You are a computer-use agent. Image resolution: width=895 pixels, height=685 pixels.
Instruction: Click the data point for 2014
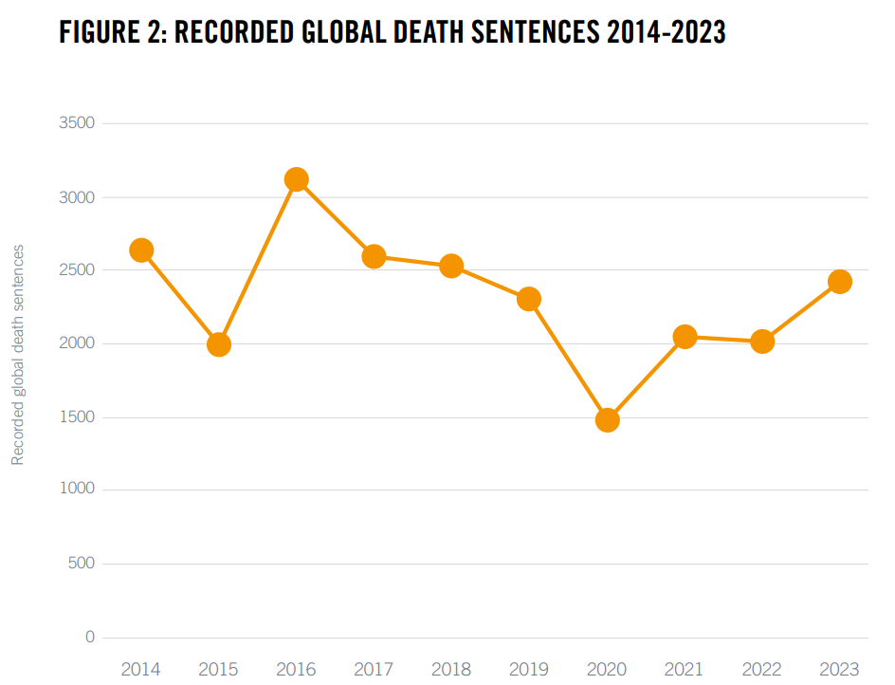[x=141, y=250]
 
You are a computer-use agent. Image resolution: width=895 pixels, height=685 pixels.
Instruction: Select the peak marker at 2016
[x=296, y=179]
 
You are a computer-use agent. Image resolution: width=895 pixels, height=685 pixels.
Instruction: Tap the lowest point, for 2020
[x=607, y=419]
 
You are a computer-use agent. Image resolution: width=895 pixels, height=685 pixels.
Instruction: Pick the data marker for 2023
[x=839, y=282]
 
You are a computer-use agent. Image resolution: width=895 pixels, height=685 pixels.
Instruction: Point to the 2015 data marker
[x=219, y=344]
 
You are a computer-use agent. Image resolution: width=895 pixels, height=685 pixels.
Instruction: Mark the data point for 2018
[x=451, y=266]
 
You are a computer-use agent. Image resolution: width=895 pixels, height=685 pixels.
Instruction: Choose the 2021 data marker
[x=685, y=337]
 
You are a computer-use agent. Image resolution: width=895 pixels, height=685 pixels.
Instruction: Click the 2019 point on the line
[x=529, y=299]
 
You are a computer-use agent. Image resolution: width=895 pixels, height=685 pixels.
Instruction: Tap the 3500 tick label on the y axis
[x=76, y=123]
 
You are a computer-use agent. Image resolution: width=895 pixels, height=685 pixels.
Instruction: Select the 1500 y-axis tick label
[x=76, y=417]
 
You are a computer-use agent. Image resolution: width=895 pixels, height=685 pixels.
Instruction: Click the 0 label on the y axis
[x=90, y=638]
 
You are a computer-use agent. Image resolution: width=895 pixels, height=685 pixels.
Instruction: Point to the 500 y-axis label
[x=82, y=564]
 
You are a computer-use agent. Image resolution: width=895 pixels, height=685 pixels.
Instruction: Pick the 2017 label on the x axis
[x=374, y=669]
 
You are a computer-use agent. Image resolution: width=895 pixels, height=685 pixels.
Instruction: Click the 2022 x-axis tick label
[x=761, y=669]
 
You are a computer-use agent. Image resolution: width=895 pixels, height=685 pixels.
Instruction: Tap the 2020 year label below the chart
[x=607, y=669]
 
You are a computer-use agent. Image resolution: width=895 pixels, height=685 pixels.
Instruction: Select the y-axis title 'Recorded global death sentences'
[x=18, y=355]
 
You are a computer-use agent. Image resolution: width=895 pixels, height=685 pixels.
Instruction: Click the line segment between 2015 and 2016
[x=258, y=262]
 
